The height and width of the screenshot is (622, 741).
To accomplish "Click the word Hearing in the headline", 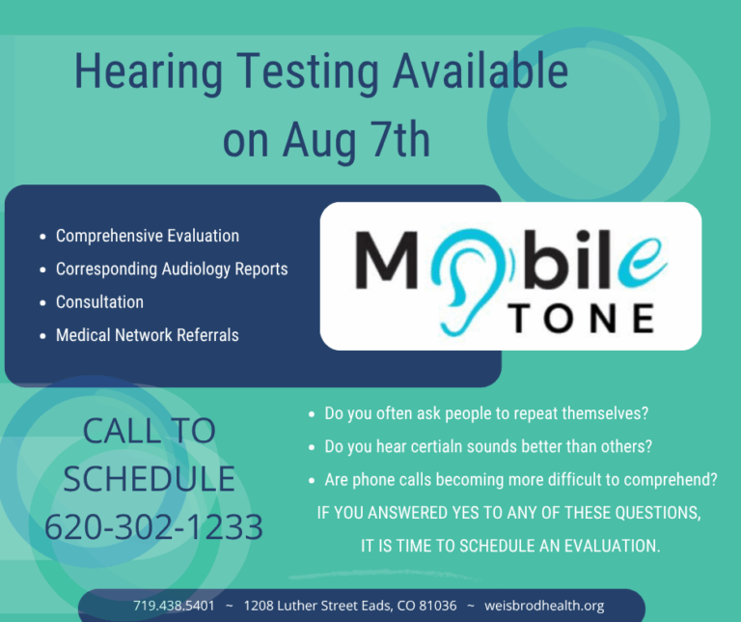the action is [x=149, y=72].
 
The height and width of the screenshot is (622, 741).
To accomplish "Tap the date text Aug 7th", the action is [x=357, y=140].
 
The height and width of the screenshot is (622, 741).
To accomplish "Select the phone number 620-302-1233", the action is [x=153, y=526].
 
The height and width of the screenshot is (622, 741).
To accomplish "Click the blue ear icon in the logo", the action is [x=466, y=282].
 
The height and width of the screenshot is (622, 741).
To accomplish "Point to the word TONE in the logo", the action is [x=582, y=319].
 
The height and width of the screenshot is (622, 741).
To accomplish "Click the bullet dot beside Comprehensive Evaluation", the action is [x=43, y=237].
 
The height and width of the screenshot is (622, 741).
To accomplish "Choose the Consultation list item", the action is [x=99, y=301].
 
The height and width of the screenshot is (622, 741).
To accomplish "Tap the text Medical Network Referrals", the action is [x=148, y=335].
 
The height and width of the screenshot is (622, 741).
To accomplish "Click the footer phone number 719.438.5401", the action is [x=174, y=606].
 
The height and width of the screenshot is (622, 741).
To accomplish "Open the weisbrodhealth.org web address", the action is [x=544, y=606].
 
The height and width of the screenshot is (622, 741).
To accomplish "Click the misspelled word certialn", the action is [x=430, y=446].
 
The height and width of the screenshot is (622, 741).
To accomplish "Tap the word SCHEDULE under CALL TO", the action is [x=150, y=479].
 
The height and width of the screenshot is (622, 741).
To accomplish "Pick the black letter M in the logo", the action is [x=387, y=260].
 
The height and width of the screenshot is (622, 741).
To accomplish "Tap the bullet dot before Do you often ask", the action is [x=312, y=414].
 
